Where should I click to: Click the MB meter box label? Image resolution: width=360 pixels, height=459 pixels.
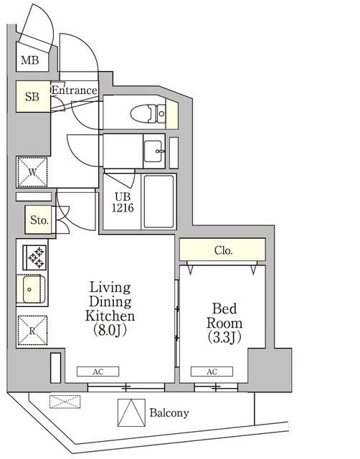(x=30, y=60)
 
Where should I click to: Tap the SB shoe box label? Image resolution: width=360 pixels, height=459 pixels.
(x=32, y=96)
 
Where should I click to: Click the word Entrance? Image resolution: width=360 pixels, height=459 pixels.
(x=75, y=90)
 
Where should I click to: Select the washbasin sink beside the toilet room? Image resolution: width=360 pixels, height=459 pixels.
(x=153, y=151)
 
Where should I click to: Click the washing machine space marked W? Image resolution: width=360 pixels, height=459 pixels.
(x=32, y=172)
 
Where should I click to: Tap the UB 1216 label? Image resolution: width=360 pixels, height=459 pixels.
(x=123, y=202)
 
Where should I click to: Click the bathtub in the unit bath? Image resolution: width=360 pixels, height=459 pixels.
(x=158, y=202)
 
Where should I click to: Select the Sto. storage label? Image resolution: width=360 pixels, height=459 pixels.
(x=39, y=220)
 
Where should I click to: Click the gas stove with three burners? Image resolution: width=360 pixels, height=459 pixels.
(x=35, y=257)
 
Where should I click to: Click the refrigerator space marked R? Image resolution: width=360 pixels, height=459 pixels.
(x=32, y=331)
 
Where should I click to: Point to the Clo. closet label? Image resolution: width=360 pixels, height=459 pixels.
(x=223, y=250)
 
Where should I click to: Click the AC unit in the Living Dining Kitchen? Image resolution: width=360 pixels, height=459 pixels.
(x=98, y=372)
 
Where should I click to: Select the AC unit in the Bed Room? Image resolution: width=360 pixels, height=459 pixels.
(x=212, y=372)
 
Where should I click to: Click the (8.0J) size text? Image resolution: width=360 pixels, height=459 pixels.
(x=110, y=330)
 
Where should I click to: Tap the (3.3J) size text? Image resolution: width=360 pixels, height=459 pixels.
(x=224, y=337)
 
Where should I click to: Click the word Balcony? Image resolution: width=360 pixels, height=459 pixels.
(x=169, y=413)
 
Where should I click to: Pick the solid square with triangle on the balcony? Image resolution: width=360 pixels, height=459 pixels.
(x=131, y=412)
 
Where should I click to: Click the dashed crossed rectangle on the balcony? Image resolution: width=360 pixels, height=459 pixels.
(x=65, y=402)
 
